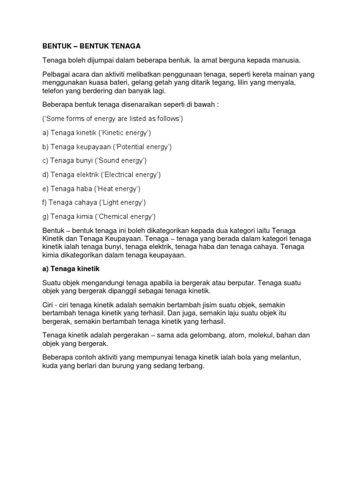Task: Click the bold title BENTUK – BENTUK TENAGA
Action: click(x=91, y=46)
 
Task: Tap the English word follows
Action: click(x=166, y=119)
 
